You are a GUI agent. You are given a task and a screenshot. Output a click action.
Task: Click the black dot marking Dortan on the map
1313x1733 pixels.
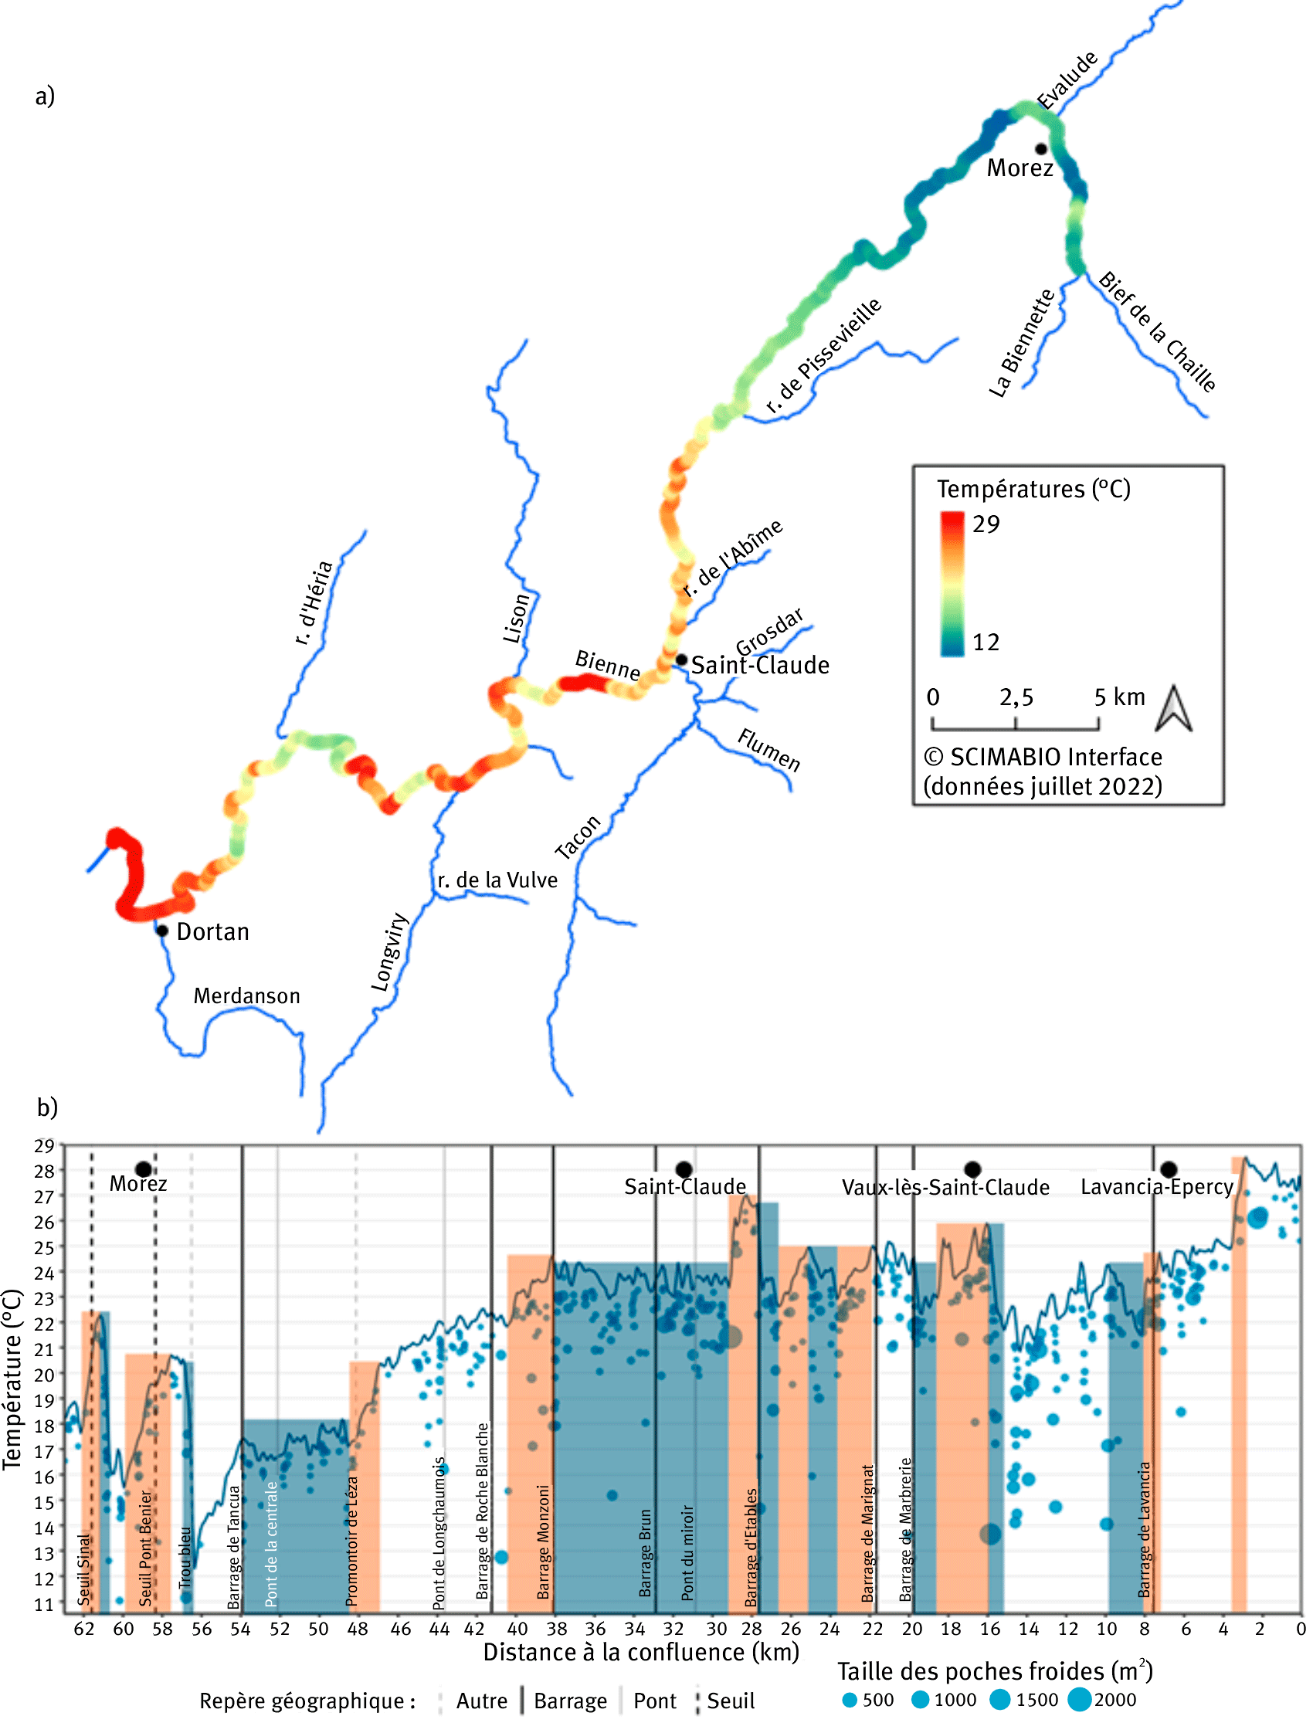[x=162, y=931]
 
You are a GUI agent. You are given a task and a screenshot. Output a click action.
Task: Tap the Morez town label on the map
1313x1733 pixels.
[x=1020, y=168]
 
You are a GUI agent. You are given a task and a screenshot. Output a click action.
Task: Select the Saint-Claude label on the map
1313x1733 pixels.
[x=759, y=665]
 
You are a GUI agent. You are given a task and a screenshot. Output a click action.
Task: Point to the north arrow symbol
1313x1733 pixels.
[x=1173, y=709]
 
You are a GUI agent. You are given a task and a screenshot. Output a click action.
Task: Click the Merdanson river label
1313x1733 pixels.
[x=247, y=995]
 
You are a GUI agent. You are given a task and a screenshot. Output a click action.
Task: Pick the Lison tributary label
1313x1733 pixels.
[x=516, y=619]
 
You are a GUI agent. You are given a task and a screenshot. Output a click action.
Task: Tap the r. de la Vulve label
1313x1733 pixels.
[x=497, y=880]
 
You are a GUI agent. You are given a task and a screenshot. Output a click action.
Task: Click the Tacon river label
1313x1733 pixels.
[x=578, y=836]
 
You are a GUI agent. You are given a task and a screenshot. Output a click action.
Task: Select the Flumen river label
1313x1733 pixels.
[x=769, y=750]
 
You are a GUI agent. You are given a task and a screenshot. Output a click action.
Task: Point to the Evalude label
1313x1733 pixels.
[x=1067, y=80]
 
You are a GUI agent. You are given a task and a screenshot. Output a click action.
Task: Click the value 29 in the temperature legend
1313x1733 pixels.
[x=986, y=524]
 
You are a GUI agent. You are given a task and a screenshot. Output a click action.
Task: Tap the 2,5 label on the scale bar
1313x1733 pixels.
[x=1016, y=697]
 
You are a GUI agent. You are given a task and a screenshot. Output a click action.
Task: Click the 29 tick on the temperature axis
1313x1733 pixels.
[x=44, y=1145]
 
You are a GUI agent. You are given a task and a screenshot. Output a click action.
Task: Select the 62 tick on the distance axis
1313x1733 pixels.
[x=84, y=1629]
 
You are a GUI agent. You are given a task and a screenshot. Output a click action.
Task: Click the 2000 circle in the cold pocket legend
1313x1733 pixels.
[x=1080, y=1699]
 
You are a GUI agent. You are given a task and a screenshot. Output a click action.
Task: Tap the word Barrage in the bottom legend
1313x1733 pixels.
[x=570, y=1701]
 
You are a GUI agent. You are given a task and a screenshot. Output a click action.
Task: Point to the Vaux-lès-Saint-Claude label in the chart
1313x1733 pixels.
[x=945, y=1187]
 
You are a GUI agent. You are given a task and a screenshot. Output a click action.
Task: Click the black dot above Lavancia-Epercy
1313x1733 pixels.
[x=1168, y=1170]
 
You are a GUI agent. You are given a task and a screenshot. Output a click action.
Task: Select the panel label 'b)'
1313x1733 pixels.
[x=47, y=1107]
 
